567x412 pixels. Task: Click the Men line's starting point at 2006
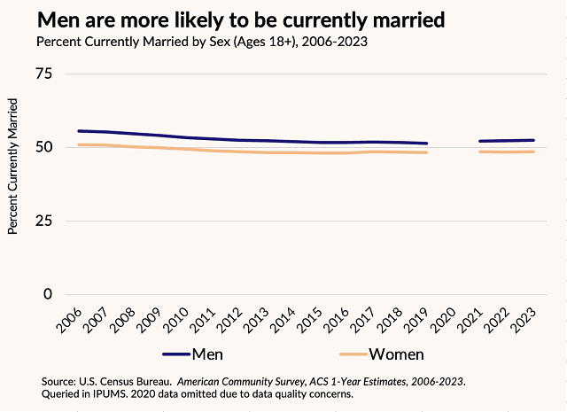click(79, 131)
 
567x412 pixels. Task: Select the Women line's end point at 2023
click(533, 152)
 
